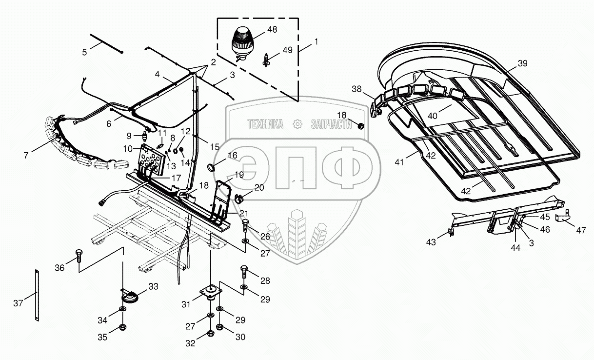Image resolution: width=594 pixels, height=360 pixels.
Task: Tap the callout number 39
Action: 522,63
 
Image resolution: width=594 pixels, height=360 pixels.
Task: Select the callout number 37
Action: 18,303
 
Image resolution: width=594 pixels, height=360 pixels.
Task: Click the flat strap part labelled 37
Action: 37,295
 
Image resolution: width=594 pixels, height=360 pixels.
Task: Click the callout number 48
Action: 272,29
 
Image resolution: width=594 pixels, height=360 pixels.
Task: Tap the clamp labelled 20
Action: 240,198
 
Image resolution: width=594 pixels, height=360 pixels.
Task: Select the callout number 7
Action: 26,155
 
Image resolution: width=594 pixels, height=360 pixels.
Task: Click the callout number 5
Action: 84,52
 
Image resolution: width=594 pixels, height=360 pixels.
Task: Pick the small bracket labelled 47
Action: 564,218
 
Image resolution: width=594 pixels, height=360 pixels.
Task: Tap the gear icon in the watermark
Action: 297,125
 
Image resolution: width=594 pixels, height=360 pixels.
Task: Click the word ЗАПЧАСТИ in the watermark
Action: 332,125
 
